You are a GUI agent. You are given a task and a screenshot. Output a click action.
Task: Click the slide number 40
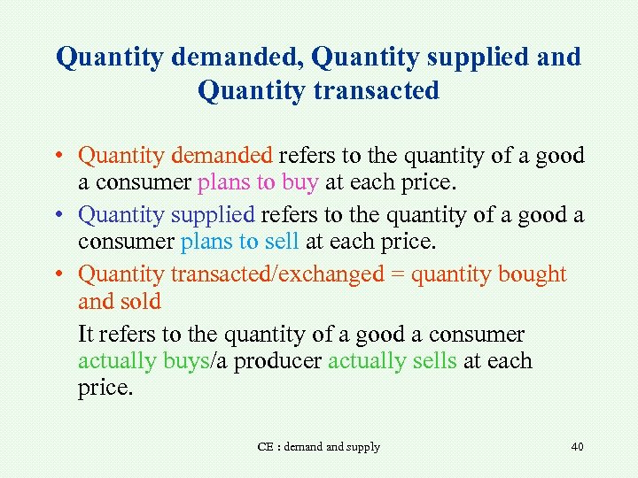(x=577, y=447)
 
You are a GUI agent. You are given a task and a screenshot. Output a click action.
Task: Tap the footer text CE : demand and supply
(x=318, y=447)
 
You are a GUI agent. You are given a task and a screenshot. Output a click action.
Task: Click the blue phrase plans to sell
(x=240, y=243)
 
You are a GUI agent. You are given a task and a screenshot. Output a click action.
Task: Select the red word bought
(x=533, y=274)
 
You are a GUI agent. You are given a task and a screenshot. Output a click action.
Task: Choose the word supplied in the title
(x=466, y=58)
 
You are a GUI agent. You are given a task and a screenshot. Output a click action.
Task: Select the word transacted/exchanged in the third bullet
(x=276, y=274)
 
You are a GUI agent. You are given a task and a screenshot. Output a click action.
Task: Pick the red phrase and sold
(x=120, y=302)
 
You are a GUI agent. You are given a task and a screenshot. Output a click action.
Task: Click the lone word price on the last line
(x=105, y=389)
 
